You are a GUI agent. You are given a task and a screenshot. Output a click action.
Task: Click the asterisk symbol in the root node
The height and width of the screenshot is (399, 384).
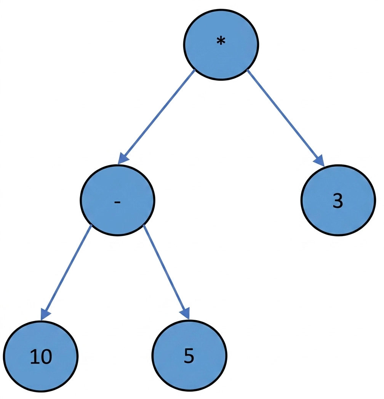click(x=221, y=41)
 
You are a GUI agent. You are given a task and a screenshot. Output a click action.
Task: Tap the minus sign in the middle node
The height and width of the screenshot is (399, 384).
click(x=117, y=202)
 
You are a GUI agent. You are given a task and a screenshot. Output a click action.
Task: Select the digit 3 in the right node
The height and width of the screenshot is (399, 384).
click(x=338, y=201)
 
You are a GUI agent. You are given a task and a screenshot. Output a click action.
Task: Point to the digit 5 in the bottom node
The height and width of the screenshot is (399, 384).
click(x=189, y=355)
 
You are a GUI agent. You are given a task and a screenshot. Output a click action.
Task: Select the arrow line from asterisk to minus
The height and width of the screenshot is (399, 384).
click(x=156, y=117)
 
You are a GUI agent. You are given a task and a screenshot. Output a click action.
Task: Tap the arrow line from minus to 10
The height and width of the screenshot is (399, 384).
click(x=66, y=273)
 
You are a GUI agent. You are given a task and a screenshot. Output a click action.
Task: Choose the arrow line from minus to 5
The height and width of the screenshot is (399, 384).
click(x=166, y=272)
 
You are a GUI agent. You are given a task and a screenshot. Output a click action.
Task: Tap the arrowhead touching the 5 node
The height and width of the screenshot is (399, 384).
click(x=186, y=313)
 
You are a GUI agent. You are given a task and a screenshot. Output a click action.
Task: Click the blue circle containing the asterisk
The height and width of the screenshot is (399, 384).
click(x=221, y=45)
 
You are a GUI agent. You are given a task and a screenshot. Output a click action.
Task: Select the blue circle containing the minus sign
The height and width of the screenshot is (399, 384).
click(x=117, y=200)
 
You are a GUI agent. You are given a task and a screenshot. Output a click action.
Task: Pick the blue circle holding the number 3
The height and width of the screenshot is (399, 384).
click(x=338, y=200)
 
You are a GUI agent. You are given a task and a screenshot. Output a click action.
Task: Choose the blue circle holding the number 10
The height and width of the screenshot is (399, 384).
click(x=41, y=356)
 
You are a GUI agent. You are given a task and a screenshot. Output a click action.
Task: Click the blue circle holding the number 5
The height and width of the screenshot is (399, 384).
click(x=189, y=356)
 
